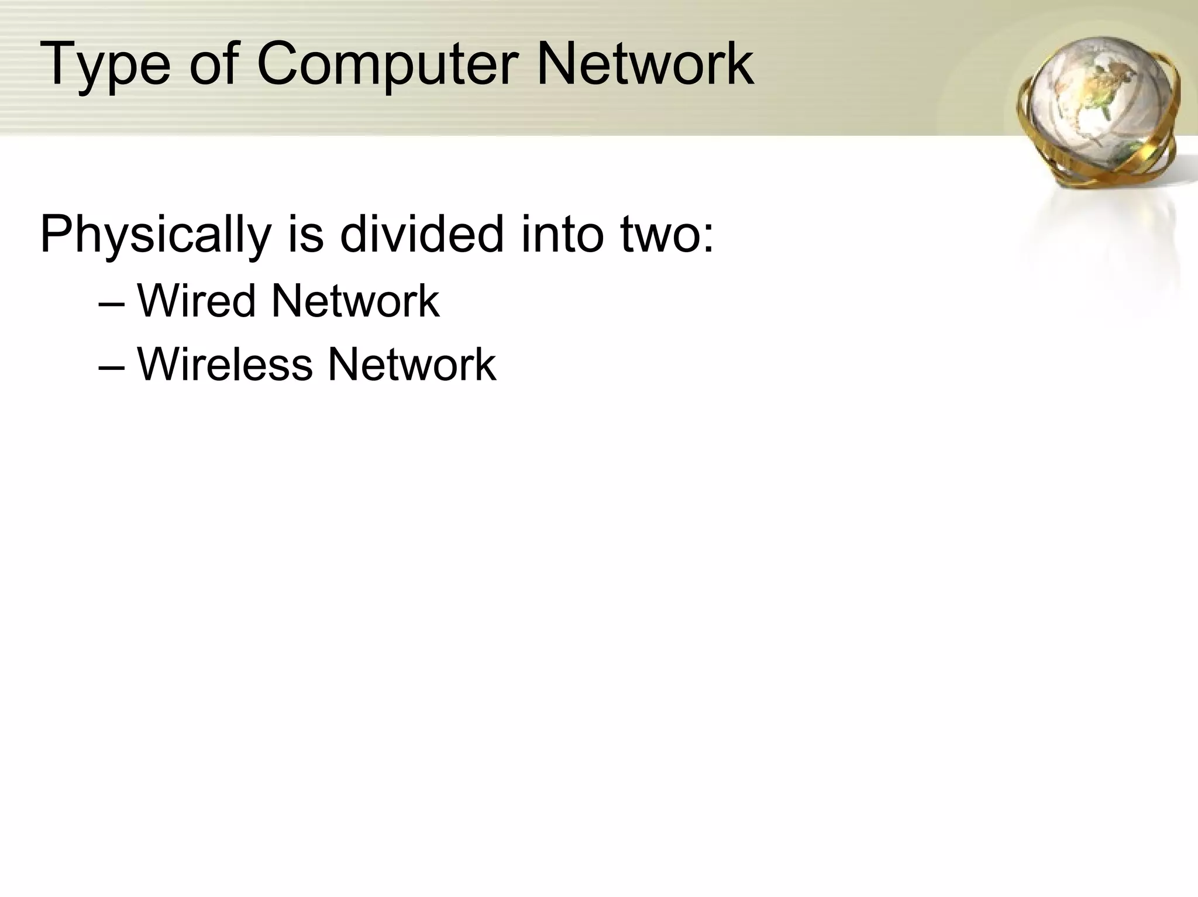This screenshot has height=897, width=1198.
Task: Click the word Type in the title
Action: [105, 66]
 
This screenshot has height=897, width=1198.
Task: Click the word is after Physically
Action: [305, 234]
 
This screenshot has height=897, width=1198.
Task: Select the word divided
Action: [422, 234]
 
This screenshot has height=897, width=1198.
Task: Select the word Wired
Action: [197, 301]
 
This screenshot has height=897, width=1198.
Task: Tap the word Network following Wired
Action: [355, 301]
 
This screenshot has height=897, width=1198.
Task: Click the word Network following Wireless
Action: [412, 365]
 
